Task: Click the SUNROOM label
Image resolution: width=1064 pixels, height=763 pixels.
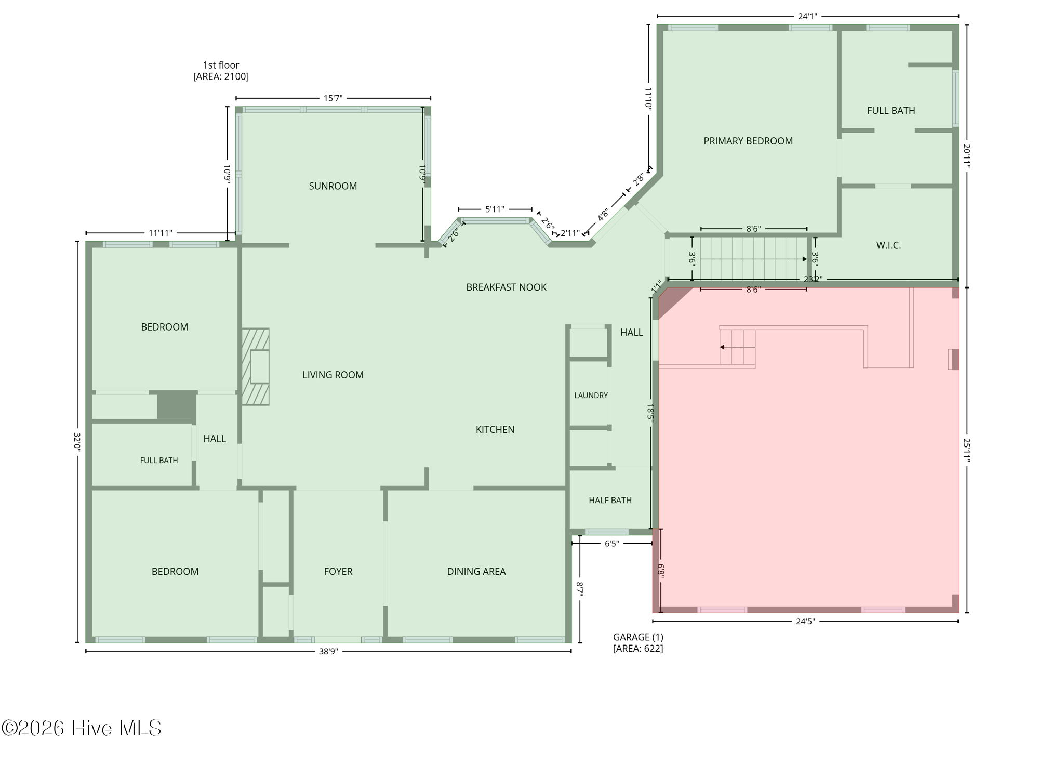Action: (332, 186)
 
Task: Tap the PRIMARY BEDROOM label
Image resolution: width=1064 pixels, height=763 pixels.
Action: (748, 141)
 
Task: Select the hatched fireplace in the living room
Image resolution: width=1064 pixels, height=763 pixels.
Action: (255, 366)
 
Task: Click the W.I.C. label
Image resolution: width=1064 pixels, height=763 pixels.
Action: (888, 245)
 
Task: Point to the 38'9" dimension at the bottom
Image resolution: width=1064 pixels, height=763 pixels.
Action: (328, 652)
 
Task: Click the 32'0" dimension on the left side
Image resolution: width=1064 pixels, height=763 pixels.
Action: (77, 442)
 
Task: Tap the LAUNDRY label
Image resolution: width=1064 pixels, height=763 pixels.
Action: (591, 396)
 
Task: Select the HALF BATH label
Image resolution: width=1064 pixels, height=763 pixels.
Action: (610, 501)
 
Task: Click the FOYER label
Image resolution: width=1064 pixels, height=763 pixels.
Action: (338, 572)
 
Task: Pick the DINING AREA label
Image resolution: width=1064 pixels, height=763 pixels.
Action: (476, 572)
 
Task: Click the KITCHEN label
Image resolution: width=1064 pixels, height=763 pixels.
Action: (495, 430)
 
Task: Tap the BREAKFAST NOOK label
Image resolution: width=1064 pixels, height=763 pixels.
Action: (506, 287)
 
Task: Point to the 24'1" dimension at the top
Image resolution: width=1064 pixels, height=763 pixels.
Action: (807, 16)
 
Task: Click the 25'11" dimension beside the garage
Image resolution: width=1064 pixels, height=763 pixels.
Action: (967, 450)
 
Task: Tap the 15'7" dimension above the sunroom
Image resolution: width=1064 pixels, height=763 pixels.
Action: (333, 98)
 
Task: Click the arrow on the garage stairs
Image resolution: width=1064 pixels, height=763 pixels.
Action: (737, 347)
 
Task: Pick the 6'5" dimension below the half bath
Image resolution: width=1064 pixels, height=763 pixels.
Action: (612, 544)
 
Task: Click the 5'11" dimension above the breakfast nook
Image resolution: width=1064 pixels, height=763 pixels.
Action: (495, 209)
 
